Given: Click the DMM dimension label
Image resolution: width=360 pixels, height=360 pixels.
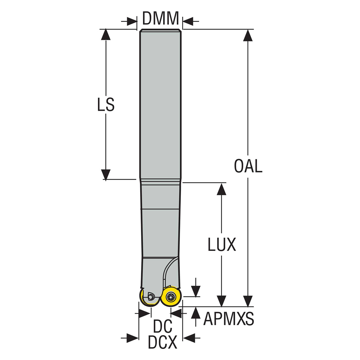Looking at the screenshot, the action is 161,18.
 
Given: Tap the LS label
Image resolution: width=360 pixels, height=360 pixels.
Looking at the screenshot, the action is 106,105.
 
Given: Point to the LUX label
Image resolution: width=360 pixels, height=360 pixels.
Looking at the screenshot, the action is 222,244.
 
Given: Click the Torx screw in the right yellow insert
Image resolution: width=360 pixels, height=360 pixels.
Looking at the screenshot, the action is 170,301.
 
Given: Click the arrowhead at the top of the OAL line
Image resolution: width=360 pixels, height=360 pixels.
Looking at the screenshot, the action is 248,35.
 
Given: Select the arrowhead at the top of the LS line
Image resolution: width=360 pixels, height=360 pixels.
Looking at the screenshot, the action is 106,34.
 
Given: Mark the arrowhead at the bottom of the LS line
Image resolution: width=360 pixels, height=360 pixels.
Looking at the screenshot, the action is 106,175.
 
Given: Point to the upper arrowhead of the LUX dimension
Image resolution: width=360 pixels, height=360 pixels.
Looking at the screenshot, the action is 222,189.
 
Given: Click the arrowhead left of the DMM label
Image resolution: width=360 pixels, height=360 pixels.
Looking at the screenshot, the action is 132,22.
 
